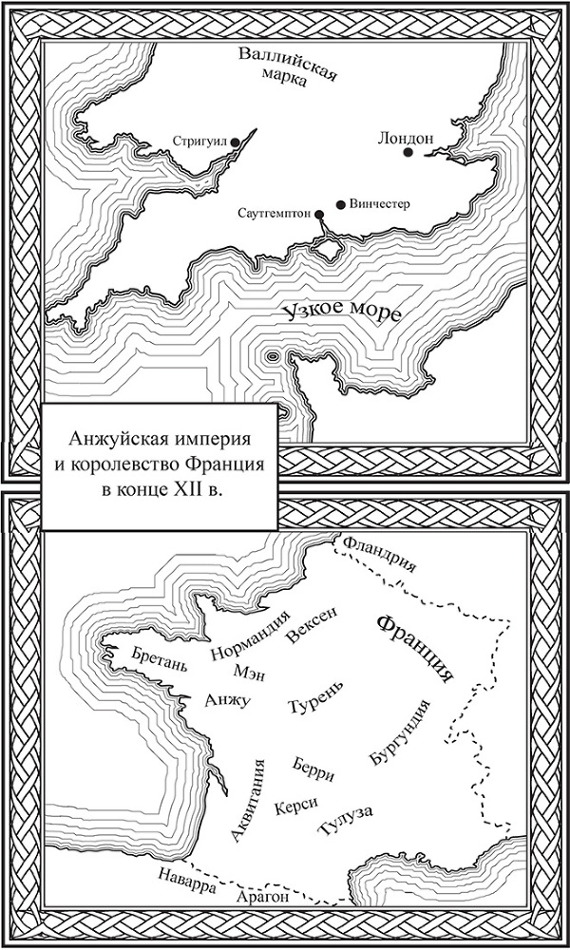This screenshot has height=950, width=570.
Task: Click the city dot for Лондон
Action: pyautogui.click(x=408, y=152)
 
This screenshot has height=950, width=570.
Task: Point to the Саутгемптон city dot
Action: pyautogui.click(x=317, y=214)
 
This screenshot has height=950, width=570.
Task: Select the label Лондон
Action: pyautogui.click(x=406, y=136)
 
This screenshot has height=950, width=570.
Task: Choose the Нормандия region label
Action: pyautogui.click(x=249, y=639)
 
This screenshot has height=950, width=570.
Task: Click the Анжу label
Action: pyautogui.click(x=227, y=701)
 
